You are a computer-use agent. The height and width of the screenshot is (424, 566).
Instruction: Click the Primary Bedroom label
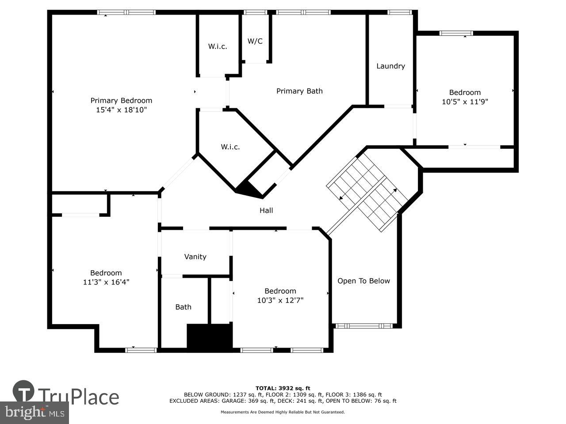(x=121, y=101)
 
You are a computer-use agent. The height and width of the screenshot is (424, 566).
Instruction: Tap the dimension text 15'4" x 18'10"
(x=121, y=110)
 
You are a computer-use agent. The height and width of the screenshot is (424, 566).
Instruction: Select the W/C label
(x=255, y=41)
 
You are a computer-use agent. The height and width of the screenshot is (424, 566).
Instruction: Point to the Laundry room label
(x=390, y=66)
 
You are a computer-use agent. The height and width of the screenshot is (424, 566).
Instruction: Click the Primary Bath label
(x=299, y=91)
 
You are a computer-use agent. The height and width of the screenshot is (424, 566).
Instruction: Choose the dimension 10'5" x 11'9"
(x=465, y=102)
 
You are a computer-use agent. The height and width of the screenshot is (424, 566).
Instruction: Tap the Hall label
(x=266, y=211)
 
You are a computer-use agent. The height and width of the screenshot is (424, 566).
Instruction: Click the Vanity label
(x=195, y=257)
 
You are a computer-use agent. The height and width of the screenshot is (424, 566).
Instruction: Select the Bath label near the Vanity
(x=183, y=307)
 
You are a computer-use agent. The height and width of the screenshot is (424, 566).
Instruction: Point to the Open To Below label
(x=363, y=281)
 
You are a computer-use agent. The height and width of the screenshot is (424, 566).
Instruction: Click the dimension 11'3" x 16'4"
(x=106, y=282)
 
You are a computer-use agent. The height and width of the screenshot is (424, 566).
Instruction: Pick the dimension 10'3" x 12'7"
(x=280, y=300)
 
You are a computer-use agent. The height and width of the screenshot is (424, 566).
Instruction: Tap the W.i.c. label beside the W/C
(x=218, y=46)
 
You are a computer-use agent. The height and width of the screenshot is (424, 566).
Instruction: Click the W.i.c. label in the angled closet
(x=230, y=147)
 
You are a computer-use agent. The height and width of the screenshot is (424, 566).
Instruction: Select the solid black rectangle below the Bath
(x=210, y=337)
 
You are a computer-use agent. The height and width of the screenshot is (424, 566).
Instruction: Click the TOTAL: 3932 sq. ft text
(x=283, y=388)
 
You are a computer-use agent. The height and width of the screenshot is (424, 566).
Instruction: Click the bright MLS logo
(x=34, y=413)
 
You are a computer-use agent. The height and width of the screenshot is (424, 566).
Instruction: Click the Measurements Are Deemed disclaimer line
(x=283, y=412)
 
